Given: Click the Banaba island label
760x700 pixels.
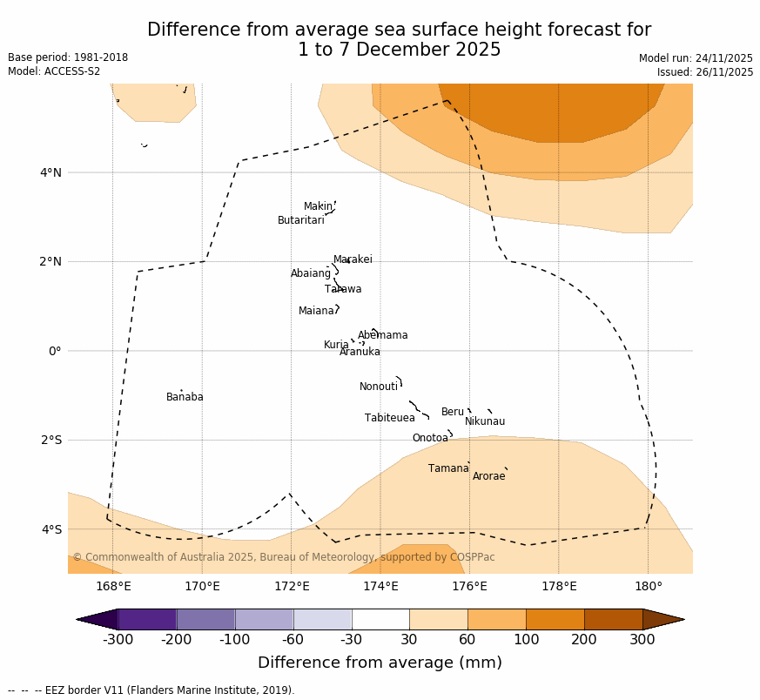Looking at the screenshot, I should (185, 397).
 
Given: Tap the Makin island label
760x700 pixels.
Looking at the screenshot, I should (318, 206).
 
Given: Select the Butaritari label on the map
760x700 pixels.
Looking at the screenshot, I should (301, 220).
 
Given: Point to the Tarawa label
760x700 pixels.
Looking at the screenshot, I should (343, 289).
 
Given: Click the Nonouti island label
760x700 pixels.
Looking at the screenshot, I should (379, 387).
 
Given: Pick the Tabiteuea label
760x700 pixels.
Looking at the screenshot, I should (390, 418).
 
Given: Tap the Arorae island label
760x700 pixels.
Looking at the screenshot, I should (489, 476).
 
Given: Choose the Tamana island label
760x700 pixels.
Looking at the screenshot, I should (448, 468).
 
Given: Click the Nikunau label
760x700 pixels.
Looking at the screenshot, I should (485, 421).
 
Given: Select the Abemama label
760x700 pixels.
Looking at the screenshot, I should (383, 335).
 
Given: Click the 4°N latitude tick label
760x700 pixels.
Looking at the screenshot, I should (50, 172).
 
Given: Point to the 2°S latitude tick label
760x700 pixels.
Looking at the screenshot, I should (50, 440).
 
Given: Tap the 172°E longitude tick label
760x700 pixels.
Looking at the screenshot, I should (291, 586).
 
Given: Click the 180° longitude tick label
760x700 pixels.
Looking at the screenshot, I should (648, 586).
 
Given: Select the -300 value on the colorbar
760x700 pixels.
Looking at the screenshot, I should (118, 640).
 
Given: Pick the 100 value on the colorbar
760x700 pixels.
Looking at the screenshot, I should (526, 640).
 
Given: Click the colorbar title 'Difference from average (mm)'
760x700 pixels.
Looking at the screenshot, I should (380, 663).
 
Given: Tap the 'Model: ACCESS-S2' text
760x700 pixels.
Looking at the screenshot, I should (54, 71).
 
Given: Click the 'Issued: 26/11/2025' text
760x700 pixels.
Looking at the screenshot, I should (705, 72).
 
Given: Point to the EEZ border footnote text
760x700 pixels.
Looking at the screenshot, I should (151, 690).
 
